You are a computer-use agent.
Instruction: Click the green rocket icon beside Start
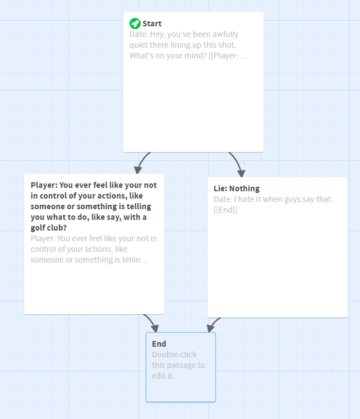135,24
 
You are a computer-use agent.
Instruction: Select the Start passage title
152,24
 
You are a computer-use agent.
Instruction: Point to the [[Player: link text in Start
224,56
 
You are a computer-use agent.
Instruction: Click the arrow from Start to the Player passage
142,162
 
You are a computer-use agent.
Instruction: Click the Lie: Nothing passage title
237,188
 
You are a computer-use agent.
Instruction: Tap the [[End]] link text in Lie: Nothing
225,210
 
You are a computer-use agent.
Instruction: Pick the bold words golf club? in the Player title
49,228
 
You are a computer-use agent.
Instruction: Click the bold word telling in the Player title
138,206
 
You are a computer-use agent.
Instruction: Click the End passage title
159,344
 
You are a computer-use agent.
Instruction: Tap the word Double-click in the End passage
174,354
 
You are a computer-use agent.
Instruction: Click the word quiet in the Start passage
139,45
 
